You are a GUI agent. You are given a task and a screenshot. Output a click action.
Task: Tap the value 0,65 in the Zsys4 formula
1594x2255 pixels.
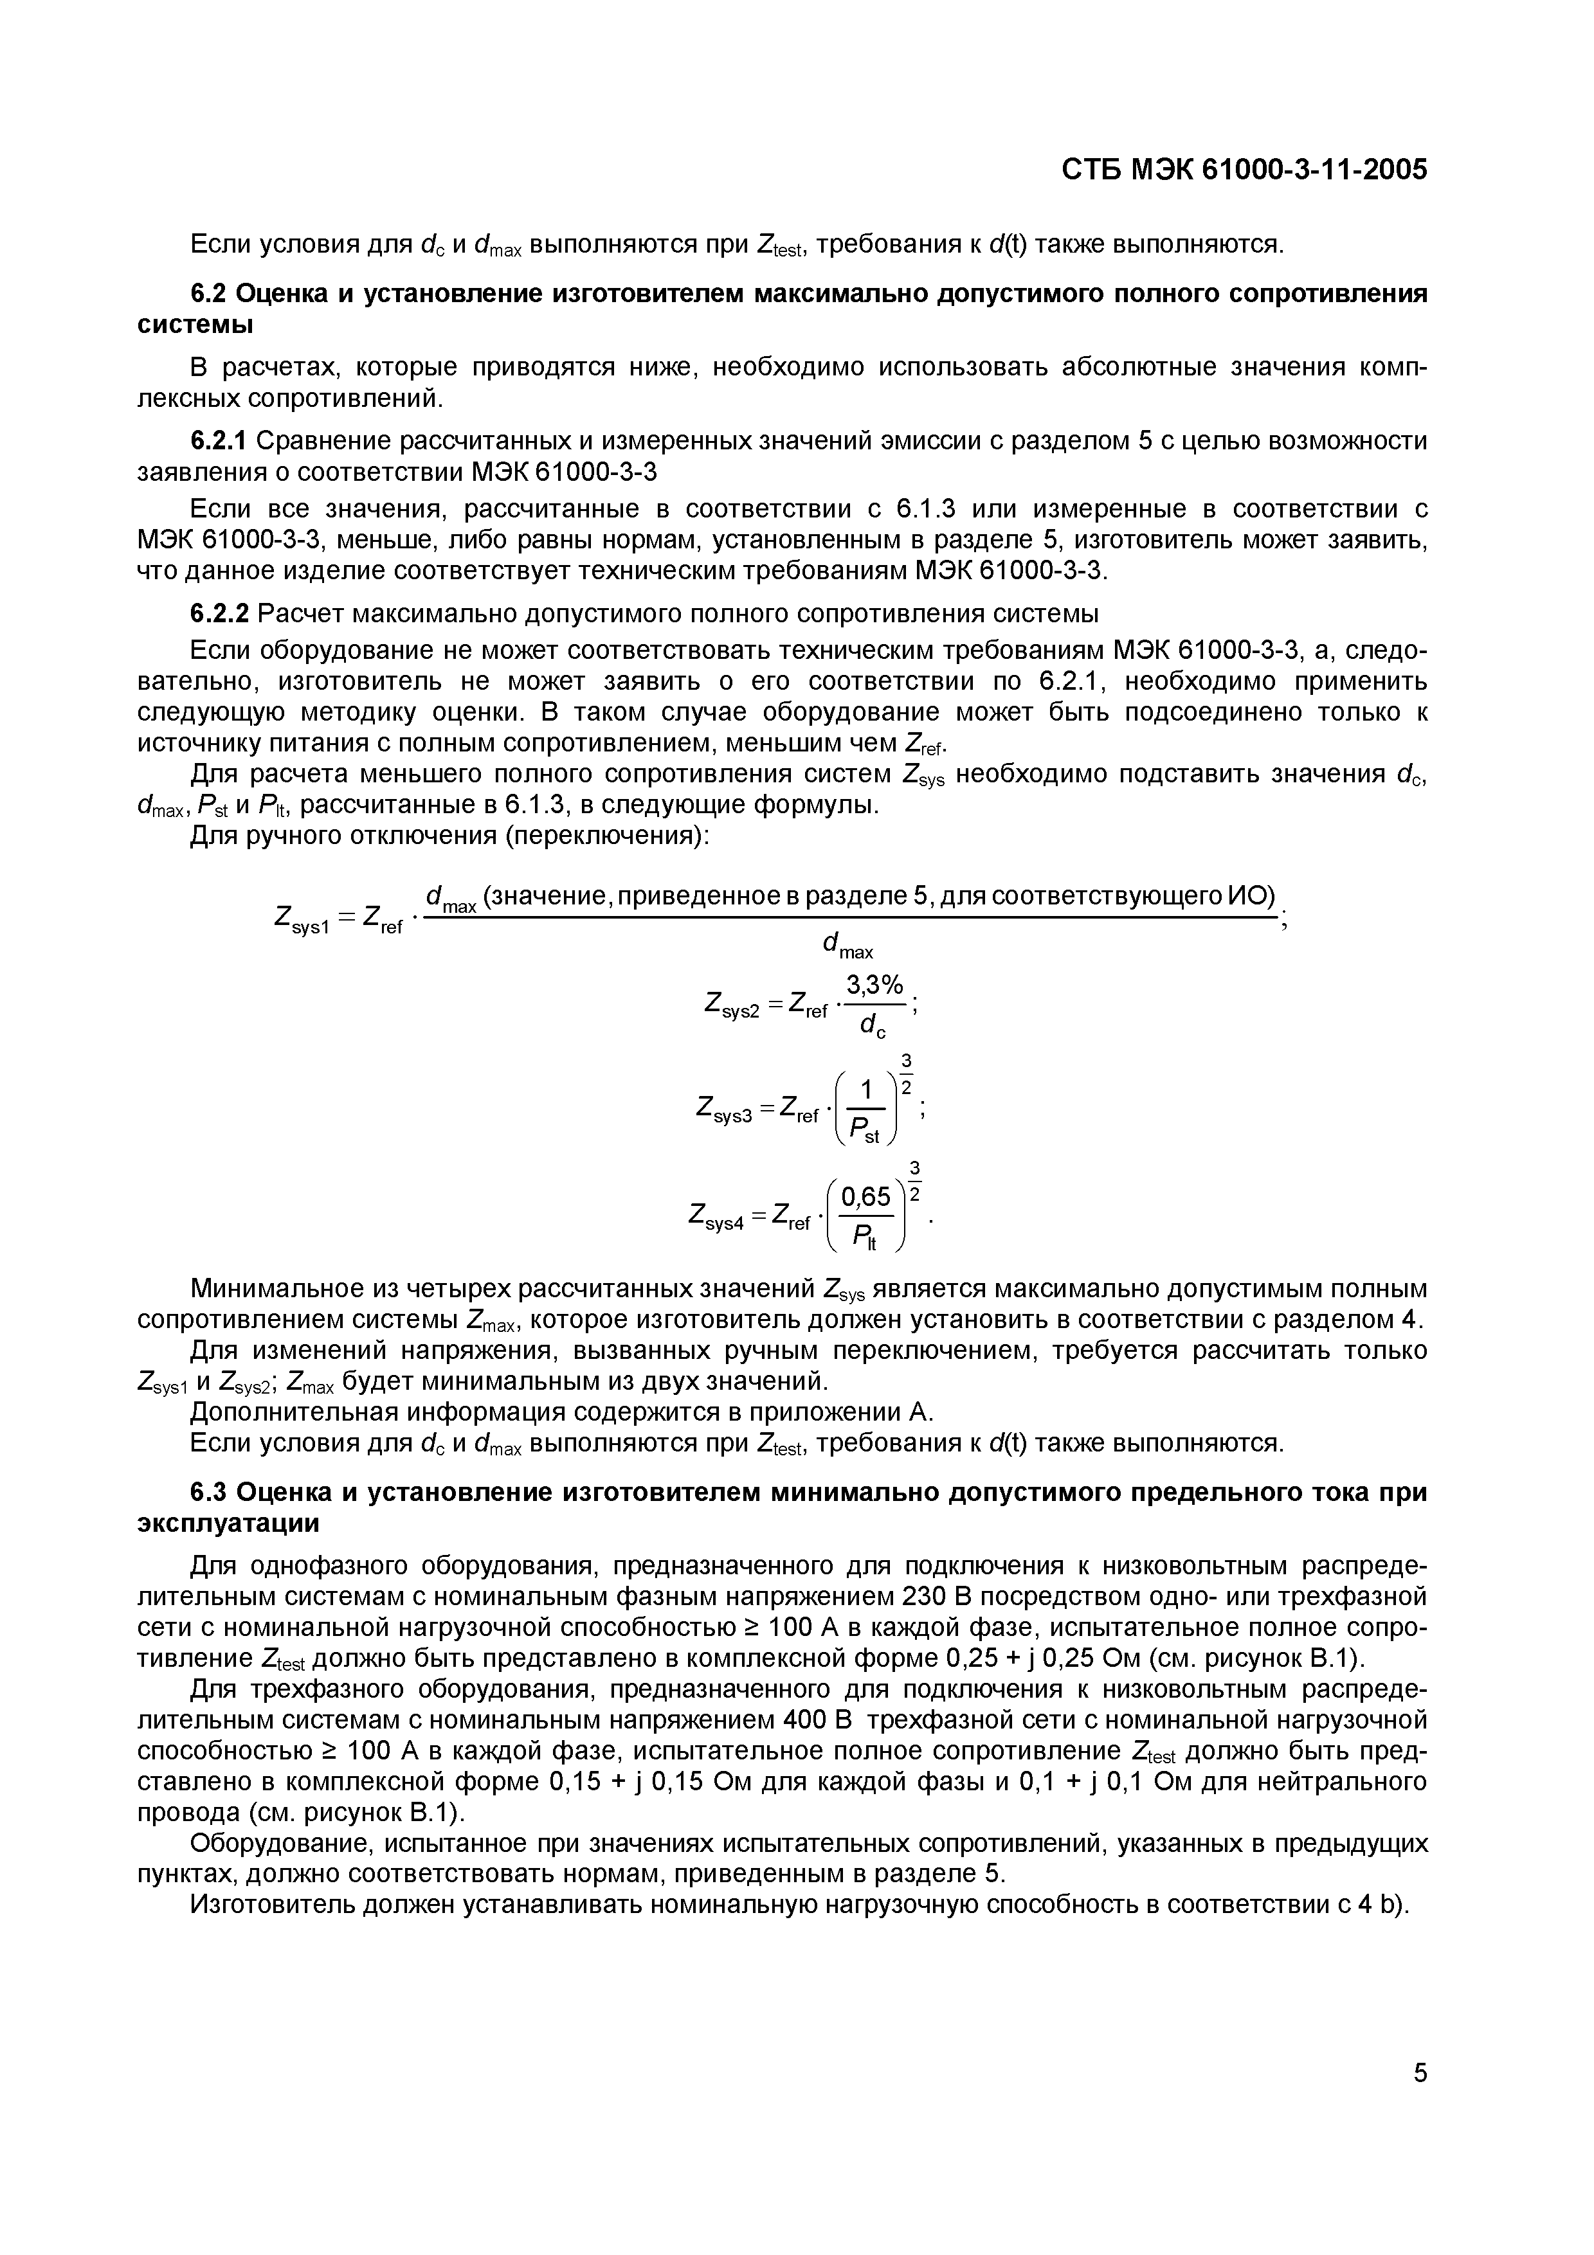[x=865, y=1196]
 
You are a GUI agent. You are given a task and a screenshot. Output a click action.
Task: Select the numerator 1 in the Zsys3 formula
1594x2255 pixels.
[x=866, y=1089]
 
